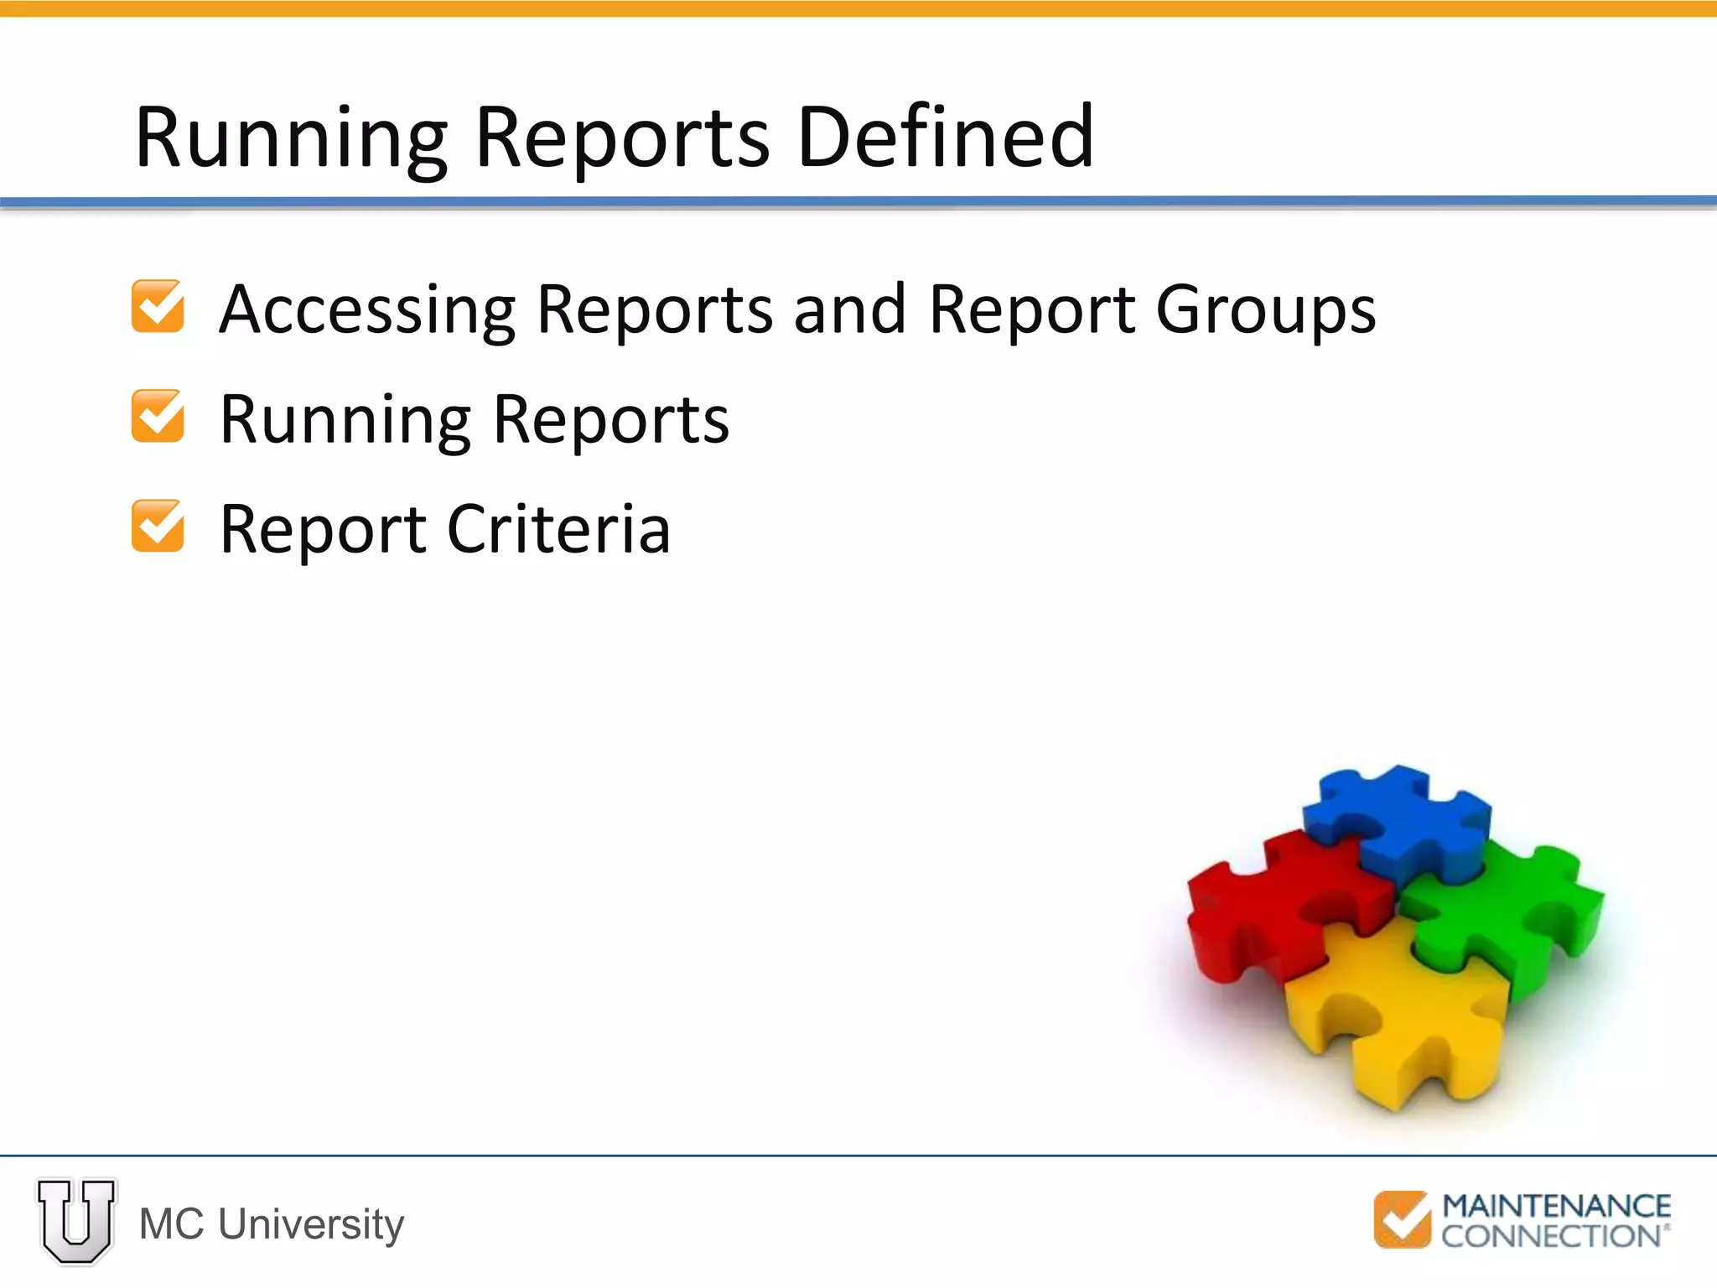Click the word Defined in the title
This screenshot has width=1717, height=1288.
tap(946, 137)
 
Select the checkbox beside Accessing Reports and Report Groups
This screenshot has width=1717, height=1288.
tap(158, 306)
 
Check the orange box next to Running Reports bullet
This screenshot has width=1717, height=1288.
tap(158, 416)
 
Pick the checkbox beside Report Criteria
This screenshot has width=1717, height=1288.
tap(158, 526)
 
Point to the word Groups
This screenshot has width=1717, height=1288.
tap(1265, 310)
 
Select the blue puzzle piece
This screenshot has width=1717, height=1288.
tap(1396, 822)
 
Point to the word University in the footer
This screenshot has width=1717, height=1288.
tap(311, 1224)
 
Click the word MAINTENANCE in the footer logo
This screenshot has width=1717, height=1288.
tap(1556, 1206)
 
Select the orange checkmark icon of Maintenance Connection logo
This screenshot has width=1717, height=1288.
tap(1402, 1219)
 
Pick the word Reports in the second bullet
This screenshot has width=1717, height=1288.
tap(611, 419)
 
